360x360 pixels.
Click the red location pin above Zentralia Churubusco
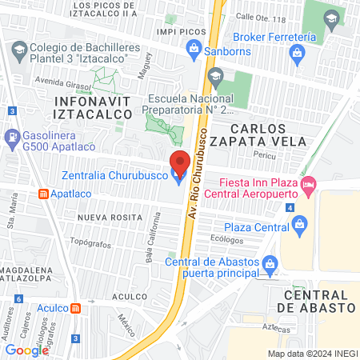pos(180,160)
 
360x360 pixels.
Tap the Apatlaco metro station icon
pos(42,194)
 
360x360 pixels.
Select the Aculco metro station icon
pos(75,309)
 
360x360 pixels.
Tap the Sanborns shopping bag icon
pos(193,49)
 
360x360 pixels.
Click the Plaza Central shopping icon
pos(299,226)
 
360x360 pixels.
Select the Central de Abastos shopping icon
pos(270,262)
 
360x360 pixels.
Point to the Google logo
pos(26,350)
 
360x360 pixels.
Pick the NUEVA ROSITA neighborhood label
pos(105,217)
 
